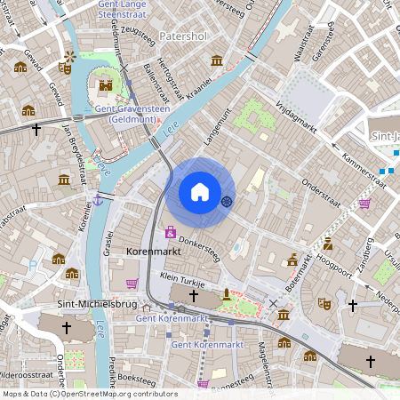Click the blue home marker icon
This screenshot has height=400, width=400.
click(x=200, y=192)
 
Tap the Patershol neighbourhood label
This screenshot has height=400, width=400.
click(x=182, y=36)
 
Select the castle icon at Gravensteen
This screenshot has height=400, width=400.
click(x=106, y=85)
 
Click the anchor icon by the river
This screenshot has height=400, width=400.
click(x=99, y=201)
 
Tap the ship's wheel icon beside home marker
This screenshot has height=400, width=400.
click(x=227, y=201)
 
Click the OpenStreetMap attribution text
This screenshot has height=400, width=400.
click(x=89, y=394)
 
